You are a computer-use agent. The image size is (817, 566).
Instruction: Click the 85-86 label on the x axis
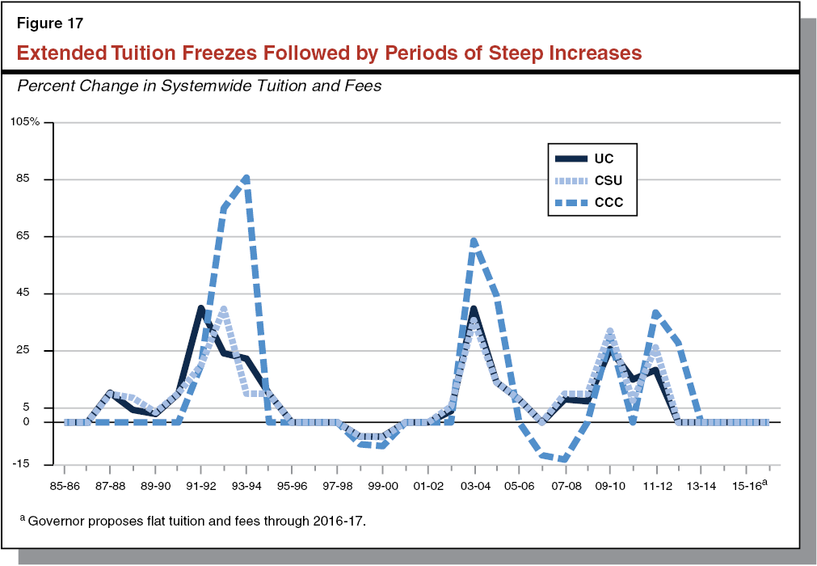(x=65, y=487)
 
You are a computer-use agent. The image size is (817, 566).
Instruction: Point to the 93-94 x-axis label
(x=246, y=487)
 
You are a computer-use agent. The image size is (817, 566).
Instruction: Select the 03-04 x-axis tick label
(x=474, y=487)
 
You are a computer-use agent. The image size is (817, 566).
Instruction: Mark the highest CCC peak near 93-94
(x=246, y=177)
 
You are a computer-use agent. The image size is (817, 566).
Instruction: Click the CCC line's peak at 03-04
(x=474, y=240)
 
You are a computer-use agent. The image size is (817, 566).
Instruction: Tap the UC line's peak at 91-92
(x=200, y=307)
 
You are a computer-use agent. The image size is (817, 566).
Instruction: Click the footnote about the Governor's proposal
(x=194, y=521)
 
